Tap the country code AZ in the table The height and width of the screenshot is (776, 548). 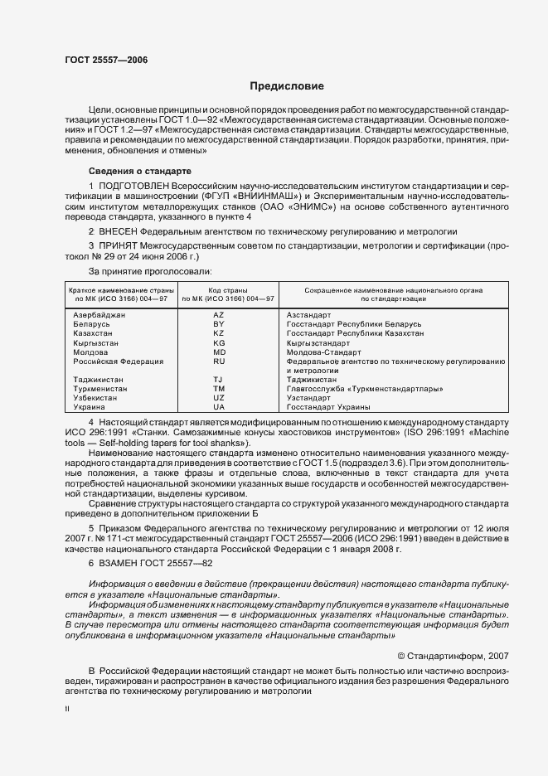click(219, 315)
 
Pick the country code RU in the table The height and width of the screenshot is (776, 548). click(219, 361)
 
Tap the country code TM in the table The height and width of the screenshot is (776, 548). click(219, 389)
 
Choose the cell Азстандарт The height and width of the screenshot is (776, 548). click(308, 315)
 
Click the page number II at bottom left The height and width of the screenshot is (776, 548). click(67, 709)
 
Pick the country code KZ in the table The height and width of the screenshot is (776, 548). click(219, 333)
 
